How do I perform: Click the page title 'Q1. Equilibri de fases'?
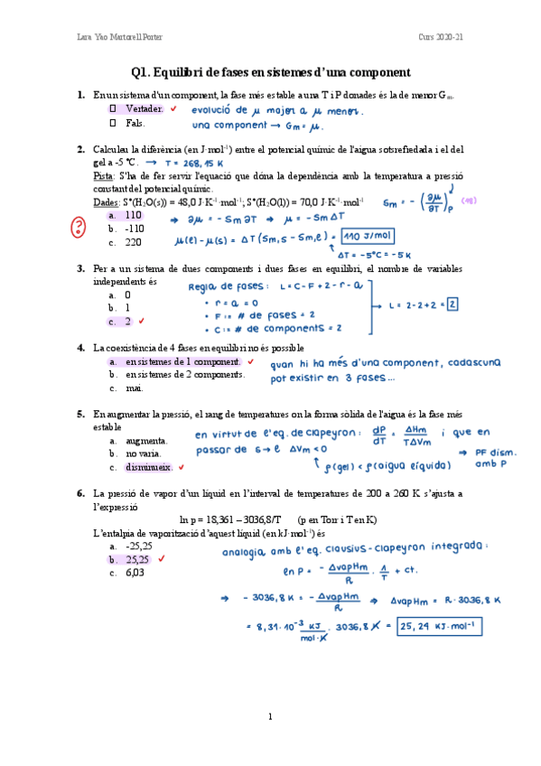(x=270, y=72)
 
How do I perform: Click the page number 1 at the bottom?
(x=270, y=716)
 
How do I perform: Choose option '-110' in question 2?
(x=134, y=229)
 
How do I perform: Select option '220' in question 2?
(x=133, y=242)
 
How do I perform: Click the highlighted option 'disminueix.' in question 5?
(x=149, y=467)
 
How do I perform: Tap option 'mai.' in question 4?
(x=135, y=388)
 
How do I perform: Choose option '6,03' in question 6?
(x=135, y=573)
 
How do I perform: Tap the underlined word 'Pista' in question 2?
(x=104, y=176)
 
